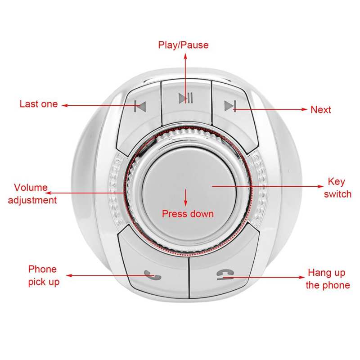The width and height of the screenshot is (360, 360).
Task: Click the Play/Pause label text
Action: click(183, 45)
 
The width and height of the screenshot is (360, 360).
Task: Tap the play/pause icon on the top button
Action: click(185, 98)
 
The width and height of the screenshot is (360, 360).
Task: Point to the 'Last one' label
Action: click(39, 104)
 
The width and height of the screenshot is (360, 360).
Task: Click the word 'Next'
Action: click(320, 110)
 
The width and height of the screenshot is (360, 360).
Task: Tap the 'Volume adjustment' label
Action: click(32, 194)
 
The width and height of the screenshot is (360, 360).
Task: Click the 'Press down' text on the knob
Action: click(188, 214)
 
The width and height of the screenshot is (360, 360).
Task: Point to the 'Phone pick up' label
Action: click(43, 275)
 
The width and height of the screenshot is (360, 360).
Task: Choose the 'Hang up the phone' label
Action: click(328, 279)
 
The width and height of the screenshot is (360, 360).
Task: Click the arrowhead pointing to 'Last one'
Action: click(64, 106)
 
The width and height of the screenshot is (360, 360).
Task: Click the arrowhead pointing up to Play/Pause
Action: click(185, 55)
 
